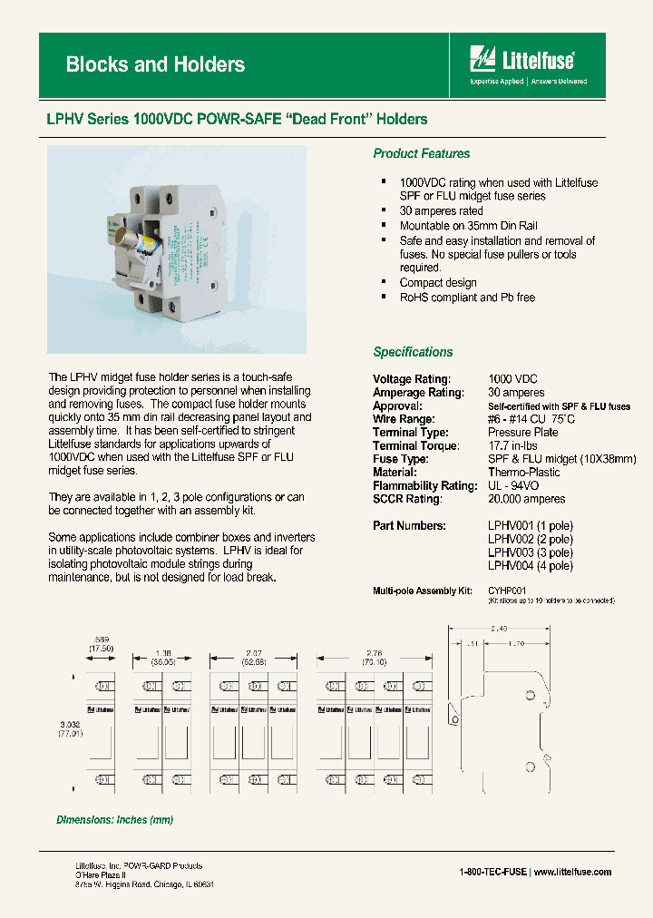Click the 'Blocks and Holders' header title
pos(155,64)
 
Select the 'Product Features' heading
pos(422,153)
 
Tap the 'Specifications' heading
pos(413,352)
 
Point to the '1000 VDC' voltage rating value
pos(513,379)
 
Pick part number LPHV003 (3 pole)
pos(531,552)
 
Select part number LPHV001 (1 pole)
pos(531,525)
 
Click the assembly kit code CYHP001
pos(507,591)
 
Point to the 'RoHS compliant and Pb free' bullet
pos(467,297)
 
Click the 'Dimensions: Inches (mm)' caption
pos(115,819)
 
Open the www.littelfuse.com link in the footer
pos(572,872)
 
